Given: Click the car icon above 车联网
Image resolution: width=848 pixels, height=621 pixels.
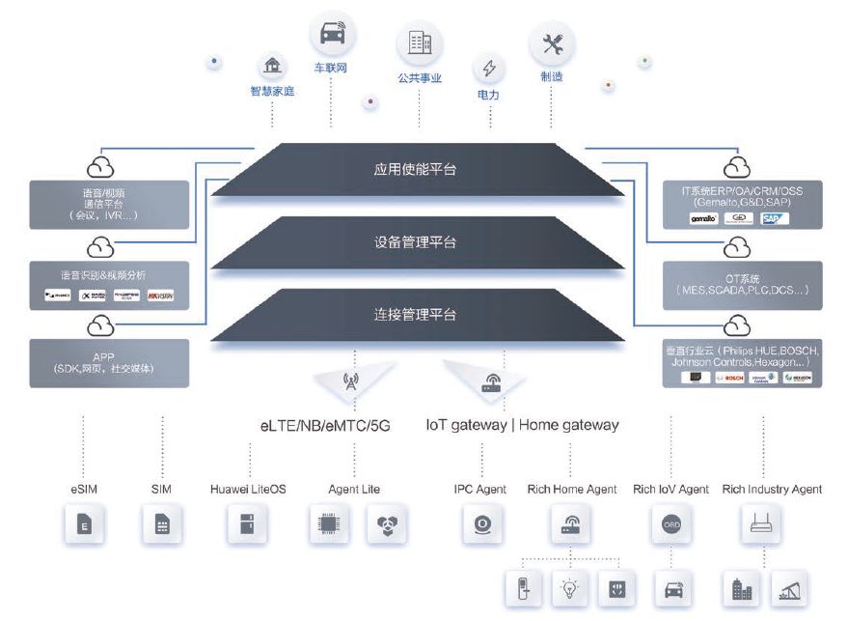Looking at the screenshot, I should coord(331,35).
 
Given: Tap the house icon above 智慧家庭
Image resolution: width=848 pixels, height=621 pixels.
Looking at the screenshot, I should coord(272,67).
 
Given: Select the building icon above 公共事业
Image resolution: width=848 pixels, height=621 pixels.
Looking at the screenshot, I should coord(420,42).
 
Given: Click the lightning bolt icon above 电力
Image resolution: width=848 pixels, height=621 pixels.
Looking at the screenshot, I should coord(489,69).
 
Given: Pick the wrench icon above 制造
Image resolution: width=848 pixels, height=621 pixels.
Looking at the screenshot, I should coord(552,43).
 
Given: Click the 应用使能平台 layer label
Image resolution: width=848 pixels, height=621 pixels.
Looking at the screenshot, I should coord(415,169).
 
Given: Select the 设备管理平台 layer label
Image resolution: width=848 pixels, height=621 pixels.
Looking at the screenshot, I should coord(415,242).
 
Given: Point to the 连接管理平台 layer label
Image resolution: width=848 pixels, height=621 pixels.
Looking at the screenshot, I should coord(415,315).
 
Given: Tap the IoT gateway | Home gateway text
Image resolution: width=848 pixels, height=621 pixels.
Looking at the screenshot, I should coord(522,425).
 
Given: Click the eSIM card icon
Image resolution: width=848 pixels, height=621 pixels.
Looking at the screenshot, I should coord(84,526).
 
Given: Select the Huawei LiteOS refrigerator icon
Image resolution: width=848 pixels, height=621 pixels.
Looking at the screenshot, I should coord(247,526).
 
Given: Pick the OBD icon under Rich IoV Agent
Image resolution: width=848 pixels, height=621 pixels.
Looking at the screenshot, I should coord(671,526).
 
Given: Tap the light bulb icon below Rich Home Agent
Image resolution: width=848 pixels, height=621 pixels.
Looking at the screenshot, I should coord(569,587).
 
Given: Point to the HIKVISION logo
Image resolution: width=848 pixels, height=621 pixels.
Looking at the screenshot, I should coord(160,296).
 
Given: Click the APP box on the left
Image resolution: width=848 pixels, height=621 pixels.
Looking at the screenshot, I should coord(109,362).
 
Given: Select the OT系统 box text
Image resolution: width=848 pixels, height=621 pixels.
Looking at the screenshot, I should coord(743,284).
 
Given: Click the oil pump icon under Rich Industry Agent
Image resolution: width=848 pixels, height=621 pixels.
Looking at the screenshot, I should coord(790,587).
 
